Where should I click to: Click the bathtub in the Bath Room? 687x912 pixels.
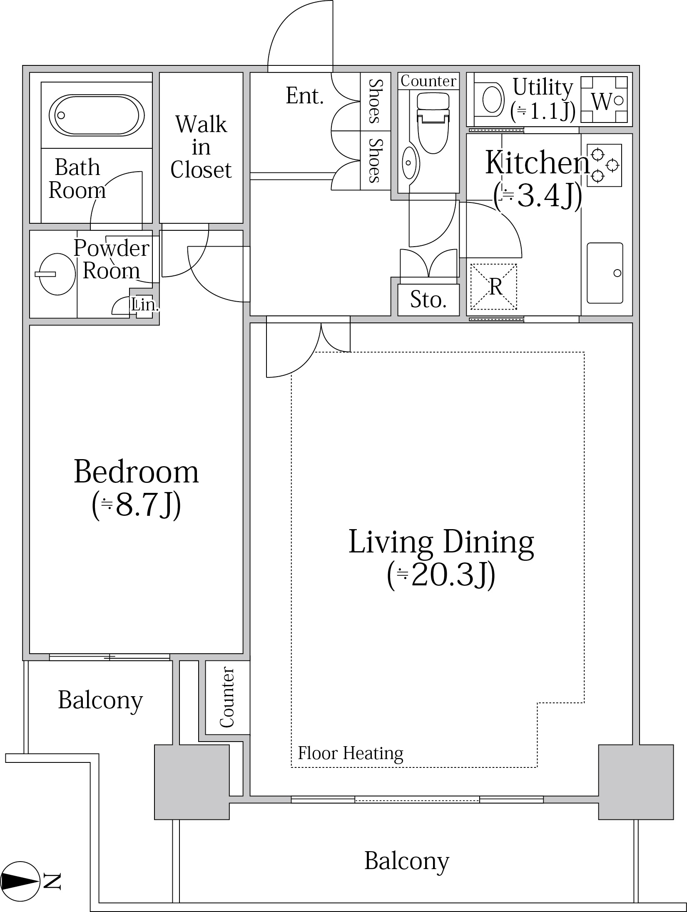[97, 115]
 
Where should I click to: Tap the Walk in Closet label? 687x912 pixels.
[201, 147]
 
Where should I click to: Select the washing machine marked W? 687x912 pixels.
[604, 100]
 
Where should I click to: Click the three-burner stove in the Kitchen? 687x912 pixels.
[604, 165]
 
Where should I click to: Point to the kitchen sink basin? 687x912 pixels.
[605, 273]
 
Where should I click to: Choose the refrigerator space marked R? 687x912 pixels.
[494, 287]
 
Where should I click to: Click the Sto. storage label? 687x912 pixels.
[428, 300]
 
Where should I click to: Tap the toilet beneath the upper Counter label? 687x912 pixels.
[433, 122]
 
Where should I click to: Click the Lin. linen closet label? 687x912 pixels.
[145, 305]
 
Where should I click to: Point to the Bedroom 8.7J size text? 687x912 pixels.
[136, 505]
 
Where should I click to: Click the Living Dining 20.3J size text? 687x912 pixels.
[441, 575]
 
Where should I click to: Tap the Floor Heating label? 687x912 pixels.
[351, 753]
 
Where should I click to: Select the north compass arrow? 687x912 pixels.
[20, 881]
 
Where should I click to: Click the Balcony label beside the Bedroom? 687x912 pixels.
[100, 700]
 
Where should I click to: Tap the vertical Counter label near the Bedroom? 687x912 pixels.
[227, 697]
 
